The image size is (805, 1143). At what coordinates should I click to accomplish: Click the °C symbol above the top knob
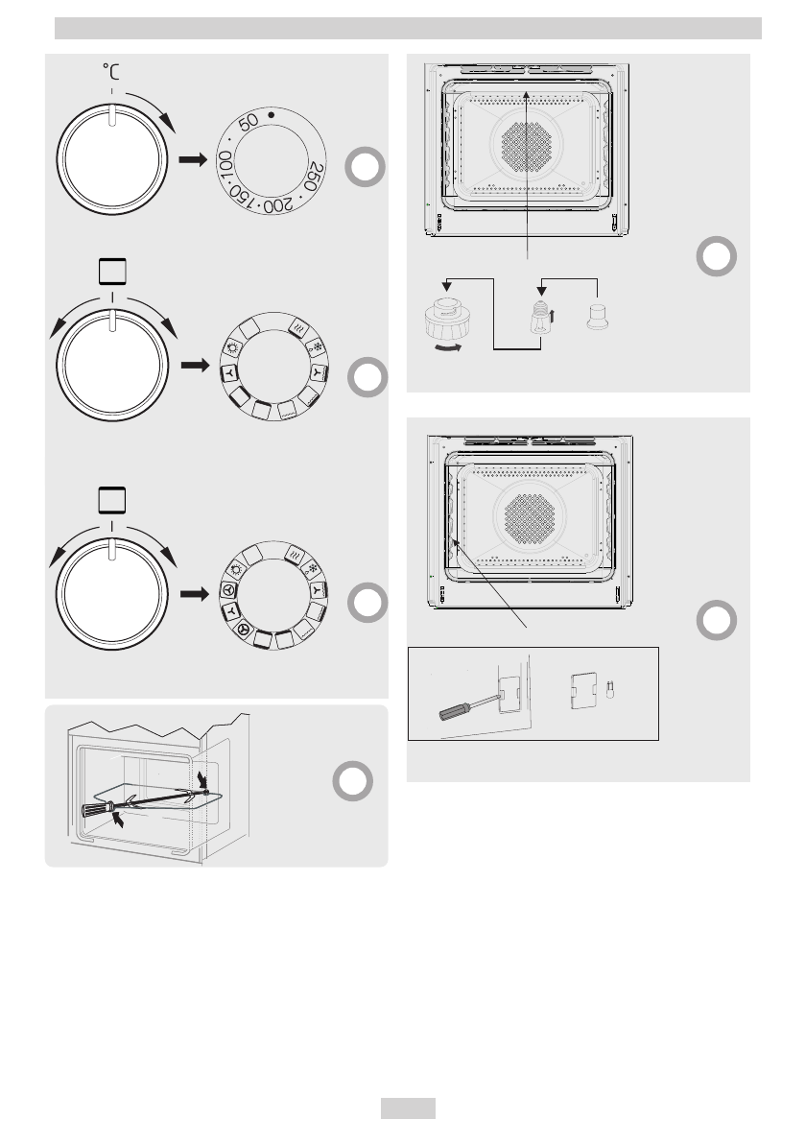tap(113, 71)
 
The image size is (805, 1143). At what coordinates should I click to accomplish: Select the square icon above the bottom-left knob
tap(113, 501)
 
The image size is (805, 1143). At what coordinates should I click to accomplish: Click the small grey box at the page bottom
tap(408, 1108)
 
